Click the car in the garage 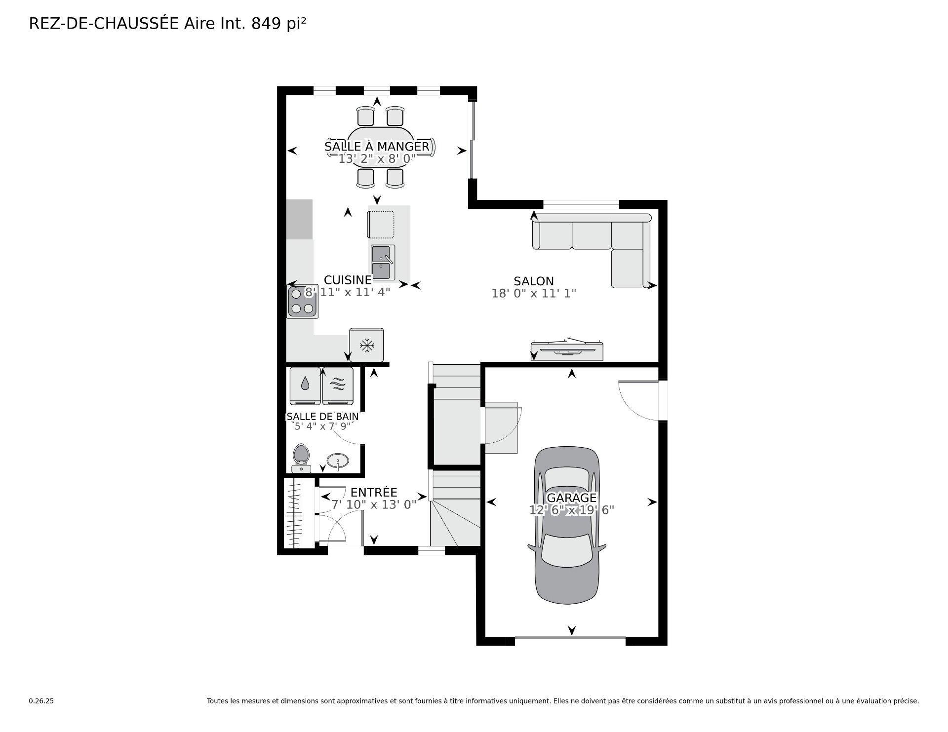567,543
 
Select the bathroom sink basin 338,462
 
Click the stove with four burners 302,302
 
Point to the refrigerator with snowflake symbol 366,345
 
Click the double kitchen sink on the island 383,262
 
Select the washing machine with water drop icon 305,385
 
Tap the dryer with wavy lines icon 338,385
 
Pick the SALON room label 534,281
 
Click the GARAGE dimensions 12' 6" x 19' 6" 571,510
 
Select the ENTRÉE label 374,493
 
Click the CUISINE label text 348,280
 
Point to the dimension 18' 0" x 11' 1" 534,294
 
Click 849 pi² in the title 279,24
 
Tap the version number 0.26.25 41,701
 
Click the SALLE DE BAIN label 322,417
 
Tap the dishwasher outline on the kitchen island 381,225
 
